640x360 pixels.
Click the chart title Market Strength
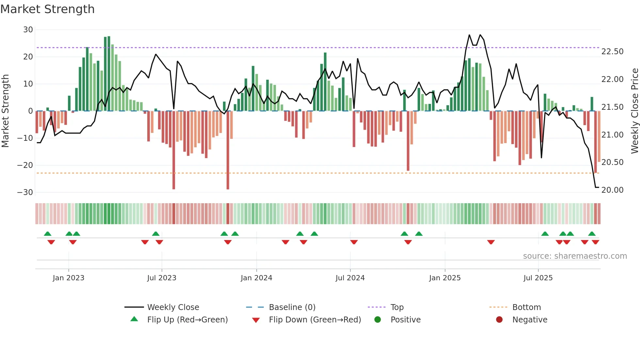click(x=47, y=9)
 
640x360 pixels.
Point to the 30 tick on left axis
click(x=28, y=30)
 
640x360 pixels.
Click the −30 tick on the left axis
click(x=25, y=192)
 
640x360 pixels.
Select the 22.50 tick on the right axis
click(x=612, y=52)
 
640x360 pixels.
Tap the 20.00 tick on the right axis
click(x=612, y=190)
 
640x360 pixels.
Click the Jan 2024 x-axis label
click(x=256, y=278)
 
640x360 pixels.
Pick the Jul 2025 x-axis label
click(x=538, y=278)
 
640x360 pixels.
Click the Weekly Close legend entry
click(x=173, y=307)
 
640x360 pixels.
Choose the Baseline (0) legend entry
click(x=292, y=307)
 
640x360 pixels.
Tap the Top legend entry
click(x=397, y=307)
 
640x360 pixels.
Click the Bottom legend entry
click(x=526, y=307)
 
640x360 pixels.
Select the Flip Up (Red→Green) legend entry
click(x=187, y=320)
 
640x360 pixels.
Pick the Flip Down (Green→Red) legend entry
click(x=315, y=320)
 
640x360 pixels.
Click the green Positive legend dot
click(x=377, y=320)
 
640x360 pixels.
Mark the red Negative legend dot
click(x=499, y=320)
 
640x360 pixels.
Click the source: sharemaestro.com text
click(x=575, y=256)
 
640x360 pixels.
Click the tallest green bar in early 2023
click(x=109, y=74)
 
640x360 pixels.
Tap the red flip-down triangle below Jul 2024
click(x=354, y=242)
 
